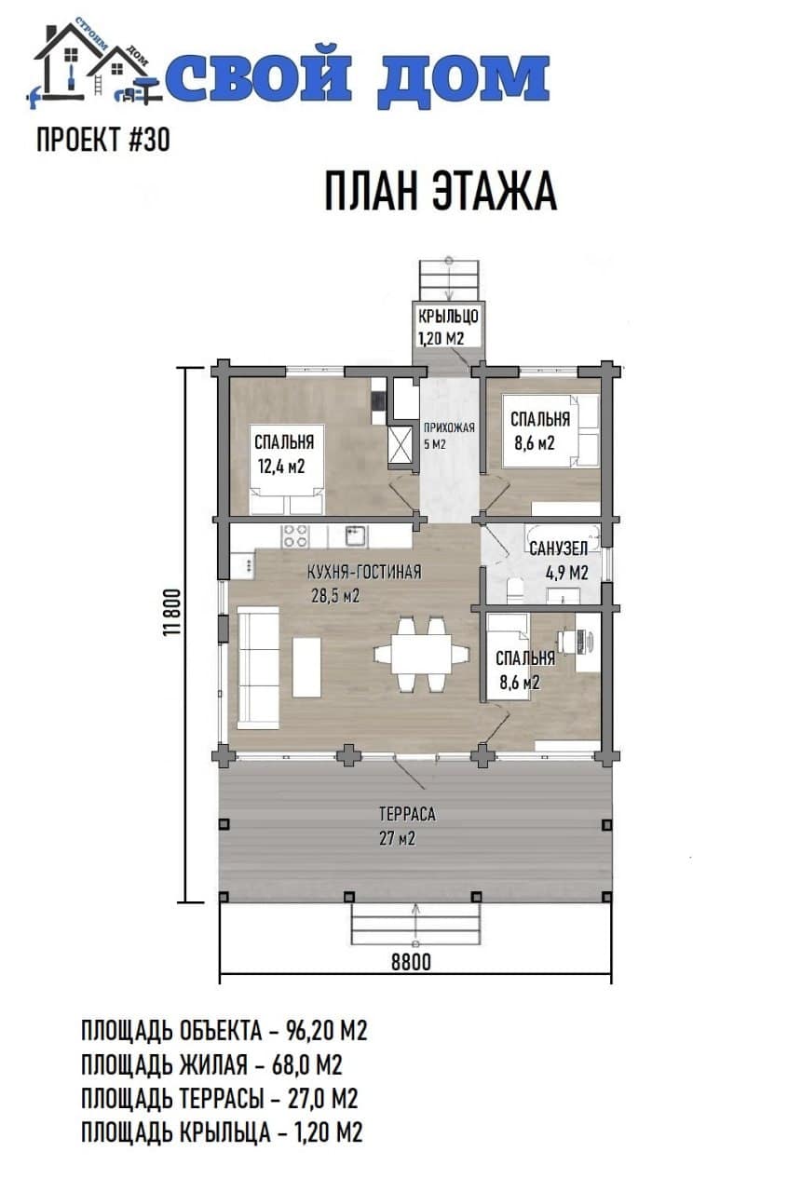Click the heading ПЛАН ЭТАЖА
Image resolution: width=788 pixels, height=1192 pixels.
pyautogui.click(x=441, y=192)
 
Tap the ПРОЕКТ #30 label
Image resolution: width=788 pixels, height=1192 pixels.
pyautogui.click(x=103, y=140)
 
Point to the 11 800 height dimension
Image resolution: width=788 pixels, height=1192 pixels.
pyautogui.click(x=174, y=612)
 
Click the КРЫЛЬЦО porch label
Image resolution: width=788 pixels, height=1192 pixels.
pyautogui.click(x=448, y=316)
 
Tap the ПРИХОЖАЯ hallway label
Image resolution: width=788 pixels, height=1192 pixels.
pyautogui.click(x=449, y=427)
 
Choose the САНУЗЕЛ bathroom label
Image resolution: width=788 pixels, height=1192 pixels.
pyautogui.click(x=558, y=549)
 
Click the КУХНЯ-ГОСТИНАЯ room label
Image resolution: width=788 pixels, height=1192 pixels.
pyautogui.click(x=364, y=572)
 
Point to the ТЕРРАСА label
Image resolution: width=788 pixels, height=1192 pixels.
pyautogui.click(x=407, y=814)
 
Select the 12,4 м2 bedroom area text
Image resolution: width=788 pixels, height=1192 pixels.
pyautogui.click(x=281, y=467)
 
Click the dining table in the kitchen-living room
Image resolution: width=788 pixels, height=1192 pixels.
pyautogui.click(x=421, y=654)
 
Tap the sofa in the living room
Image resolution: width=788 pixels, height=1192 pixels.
pyautogui.click(x=258, y=668)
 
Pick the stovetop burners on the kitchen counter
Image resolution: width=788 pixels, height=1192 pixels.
pyautogui.click(x=295, y=535)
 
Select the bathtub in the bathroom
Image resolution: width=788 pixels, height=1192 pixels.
pyautogui.click(x=563, y=535)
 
